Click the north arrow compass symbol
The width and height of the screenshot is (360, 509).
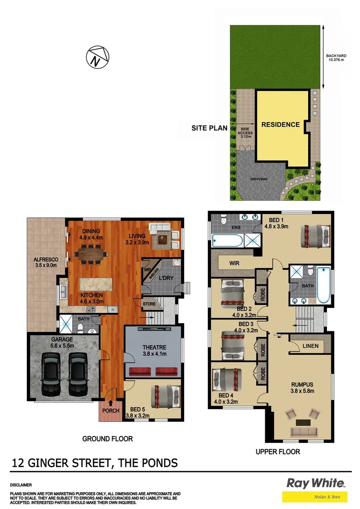(97, 57)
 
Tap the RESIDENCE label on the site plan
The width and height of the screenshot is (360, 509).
(280, 125)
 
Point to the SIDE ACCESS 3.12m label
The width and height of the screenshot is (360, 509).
(245, 133)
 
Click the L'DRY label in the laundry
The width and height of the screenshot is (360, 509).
(165, 278)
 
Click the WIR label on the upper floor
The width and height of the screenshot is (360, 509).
(236, 263)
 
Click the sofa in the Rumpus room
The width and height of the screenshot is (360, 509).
(302, 431)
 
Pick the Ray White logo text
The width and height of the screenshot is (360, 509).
(315, 483)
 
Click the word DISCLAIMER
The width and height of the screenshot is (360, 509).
(20, 484)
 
